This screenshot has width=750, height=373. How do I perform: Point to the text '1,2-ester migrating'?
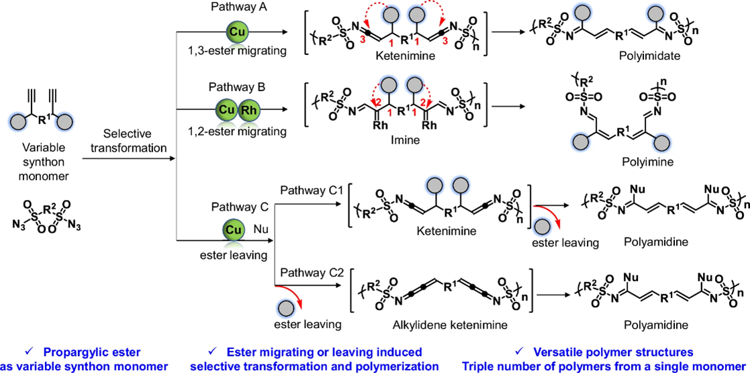click(x=234, y=131)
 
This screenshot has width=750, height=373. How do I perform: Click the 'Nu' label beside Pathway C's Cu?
click(x=261, y=229)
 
